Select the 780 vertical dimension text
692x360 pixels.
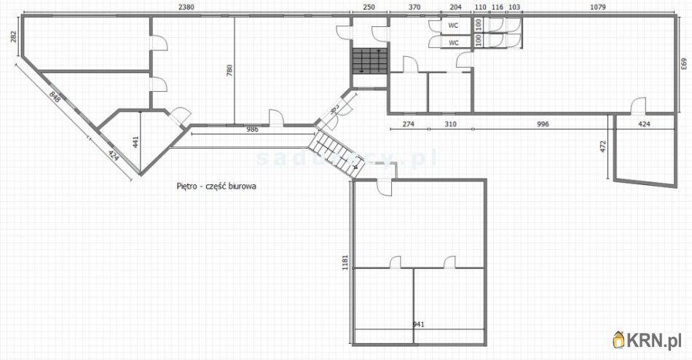click(x=229, y=70)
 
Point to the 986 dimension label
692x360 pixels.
click(x=251, y=129)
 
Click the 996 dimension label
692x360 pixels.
click(x=541, y=125)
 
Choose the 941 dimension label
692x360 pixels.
click(x=418, y=324)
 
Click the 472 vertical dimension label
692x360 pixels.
click(x=602, y=146)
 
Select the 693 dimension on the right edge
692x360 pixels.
click(x=684, y=64)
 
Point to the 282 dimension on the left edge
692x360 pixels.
click(x=13, y=37)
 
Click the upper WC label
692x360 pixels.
click(x=453, y=26)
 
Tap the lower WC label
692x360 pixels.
click(x=453, y=43)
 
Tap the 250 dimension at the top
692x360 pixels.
click(x=369, y=7)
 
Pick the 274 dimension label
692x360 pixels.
click(x=408, y=125)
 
